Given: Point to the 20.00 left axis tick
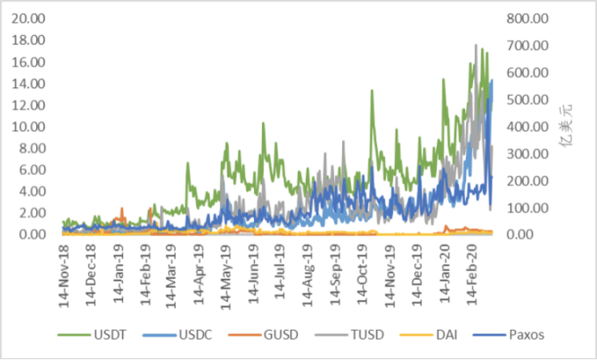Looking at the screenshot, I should tap(30, 18).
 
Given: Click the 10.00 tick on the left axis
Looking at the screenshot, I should tap(30, 126).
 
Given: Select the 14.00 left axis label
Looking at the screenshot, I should tap(30, 83).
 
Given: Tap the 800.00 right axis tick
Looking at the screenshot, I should tap(527, 18).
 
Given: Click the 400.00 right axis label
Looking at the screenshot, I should tap(527, 126).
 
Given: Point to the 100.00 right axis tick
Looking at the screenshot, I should tap(527, 208).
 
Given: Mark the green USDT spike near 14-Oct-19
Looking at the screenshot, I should tap(372, 91).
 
